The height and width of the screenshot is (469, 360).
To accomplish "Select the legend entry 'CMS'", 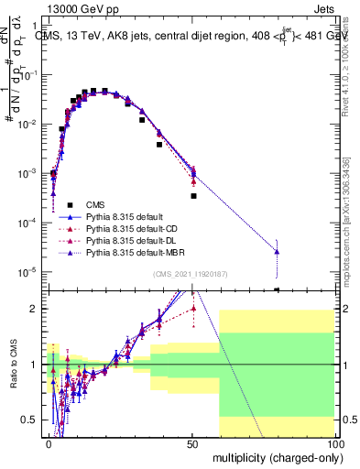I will (97, 204).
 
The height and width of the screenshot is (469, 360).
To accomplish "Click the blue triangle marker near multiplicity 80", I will (277, 251).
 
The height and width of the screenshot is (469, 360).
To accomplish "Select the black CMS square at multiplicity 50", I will (193, 196).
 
